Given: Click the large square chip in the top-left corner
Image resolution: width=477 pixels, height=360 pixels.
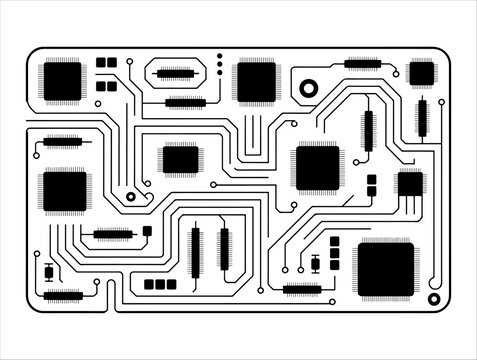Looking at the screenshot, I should pos(62,80).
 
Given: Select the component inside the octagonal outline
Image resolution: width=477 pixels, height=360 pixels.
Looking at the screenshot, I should pos(175,73).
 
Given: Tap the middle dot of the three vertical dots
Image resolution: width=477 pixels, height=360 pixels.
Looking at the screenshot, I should pos(219,62).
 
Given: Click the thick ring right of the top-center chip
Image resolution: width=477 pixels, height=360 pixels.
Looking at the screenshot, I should pos(308,87).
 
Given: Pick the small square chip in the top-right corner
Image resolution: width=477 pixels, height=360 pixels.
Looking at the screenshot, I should pos(422,72).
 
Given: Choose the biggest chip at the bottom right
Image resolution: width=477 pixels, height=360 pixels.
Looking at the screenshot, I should pos(385,269).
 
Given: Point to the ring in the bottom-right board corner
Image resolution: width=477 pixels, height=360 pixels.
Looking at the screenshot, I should pos(434,299).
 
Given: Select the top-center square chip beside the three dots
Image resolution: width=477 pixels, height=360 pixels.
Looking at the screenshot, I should pos(256,81).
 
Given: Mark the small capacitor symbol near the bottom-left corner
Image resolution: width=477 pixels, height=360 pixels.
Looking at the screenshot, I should pos(49,271).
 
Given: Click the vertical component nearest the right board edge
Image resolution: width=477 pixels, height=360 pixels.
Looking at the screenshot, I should pos(422,118).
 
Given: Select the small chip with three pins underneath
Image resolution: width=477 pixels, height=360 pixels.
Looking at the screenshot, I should pos(410,184).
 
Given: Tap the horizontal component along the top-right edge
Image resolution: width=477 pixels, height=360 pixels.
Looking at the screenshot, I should pos(362,64).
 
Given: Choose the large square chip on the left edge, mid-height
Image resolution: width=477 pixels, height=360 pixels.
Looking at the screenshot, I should pos(65,190).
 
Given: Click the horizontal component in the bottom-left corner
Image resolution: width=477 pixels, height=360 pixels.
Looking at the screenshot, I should pos(63,295).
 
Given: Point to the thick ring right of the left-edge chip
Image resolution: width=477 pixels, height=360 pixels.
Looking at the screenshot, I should pos(131,198).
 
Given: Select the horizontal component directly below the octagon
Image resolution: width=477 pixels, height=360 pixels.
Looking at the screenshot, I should pos(186,102).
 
